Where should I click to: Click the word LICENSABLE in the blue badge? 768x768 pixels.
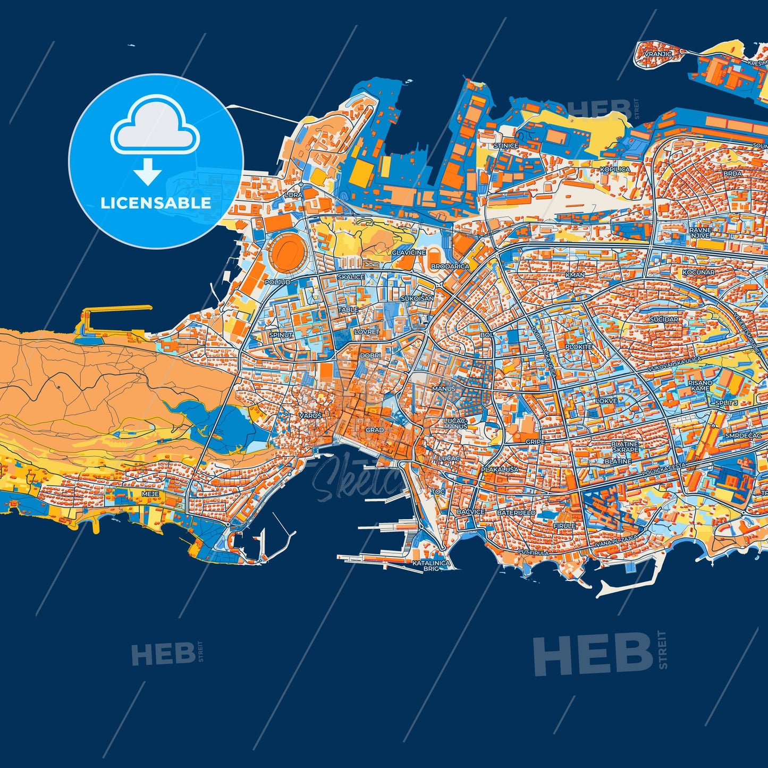[x=156, y=203]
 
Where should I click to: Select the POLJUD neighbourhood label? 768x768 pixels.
[x=277, y=282]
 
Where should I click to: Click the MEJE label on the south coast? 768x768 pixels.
[x=150, y=494]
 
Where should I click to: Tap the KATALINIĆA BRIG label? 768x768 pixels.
[x=432, y=566]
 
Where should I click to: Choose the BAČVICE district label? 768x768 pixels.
[x=470, y=512]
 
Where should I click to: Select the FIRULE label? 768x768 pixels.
[x=564, y=526]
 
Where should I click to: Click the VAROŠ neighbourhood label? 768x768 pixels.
[x=310, y=415]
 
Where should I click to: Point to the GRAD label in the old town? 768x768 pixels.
[x=375, y=430]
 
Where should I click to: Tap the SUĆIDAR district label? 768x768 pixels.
[x=664, y=319]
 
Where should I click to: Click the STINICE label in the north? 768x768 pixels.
[x=505, y=146]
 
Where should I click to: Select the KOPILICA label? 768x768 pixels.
[x=615, y=170]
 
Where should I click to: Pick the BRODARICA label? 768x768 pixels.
[x=450, y=266]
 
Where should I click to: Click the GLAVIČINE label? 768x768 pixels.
[x=409, y=252]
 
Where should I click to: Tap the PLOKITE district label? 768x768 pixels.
[x=579, y=347]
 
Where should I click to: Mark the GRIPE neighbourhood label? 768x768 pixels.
[x=535, y=442]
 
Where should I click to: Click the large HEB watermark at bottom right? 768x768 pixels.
[x=593, y=655]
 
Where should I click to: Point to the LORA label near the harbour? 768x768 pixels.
[x=294, y=195]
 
